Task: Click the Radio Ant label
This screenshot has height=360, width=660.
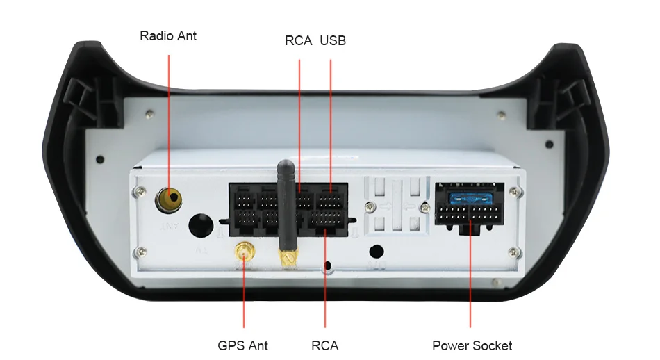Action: point(168,35)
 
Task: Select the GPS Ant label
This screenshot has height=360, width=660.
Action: point(242,345)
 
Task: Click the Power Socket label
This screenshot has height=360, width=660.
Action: point(472,345)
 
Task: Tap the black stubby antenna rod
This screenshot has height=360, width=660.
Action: point(284,202)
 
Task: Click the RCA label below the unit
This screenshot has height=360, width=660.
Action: point(325,345)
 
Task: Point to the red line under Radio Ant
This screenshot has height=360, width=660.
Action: point(169,118)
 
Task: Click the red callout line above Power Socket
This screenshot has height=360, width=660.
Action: point(470,278)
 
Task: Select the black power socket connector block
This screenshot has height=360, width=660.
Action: point(469,208)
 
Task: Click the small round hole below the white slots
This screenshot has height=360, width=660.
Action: point(377,251)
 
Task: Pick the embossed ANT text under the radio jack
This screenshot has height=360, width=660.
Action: point(169,227)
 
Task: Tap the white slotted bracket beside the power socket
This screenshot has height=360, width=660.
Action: point(395,205)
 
